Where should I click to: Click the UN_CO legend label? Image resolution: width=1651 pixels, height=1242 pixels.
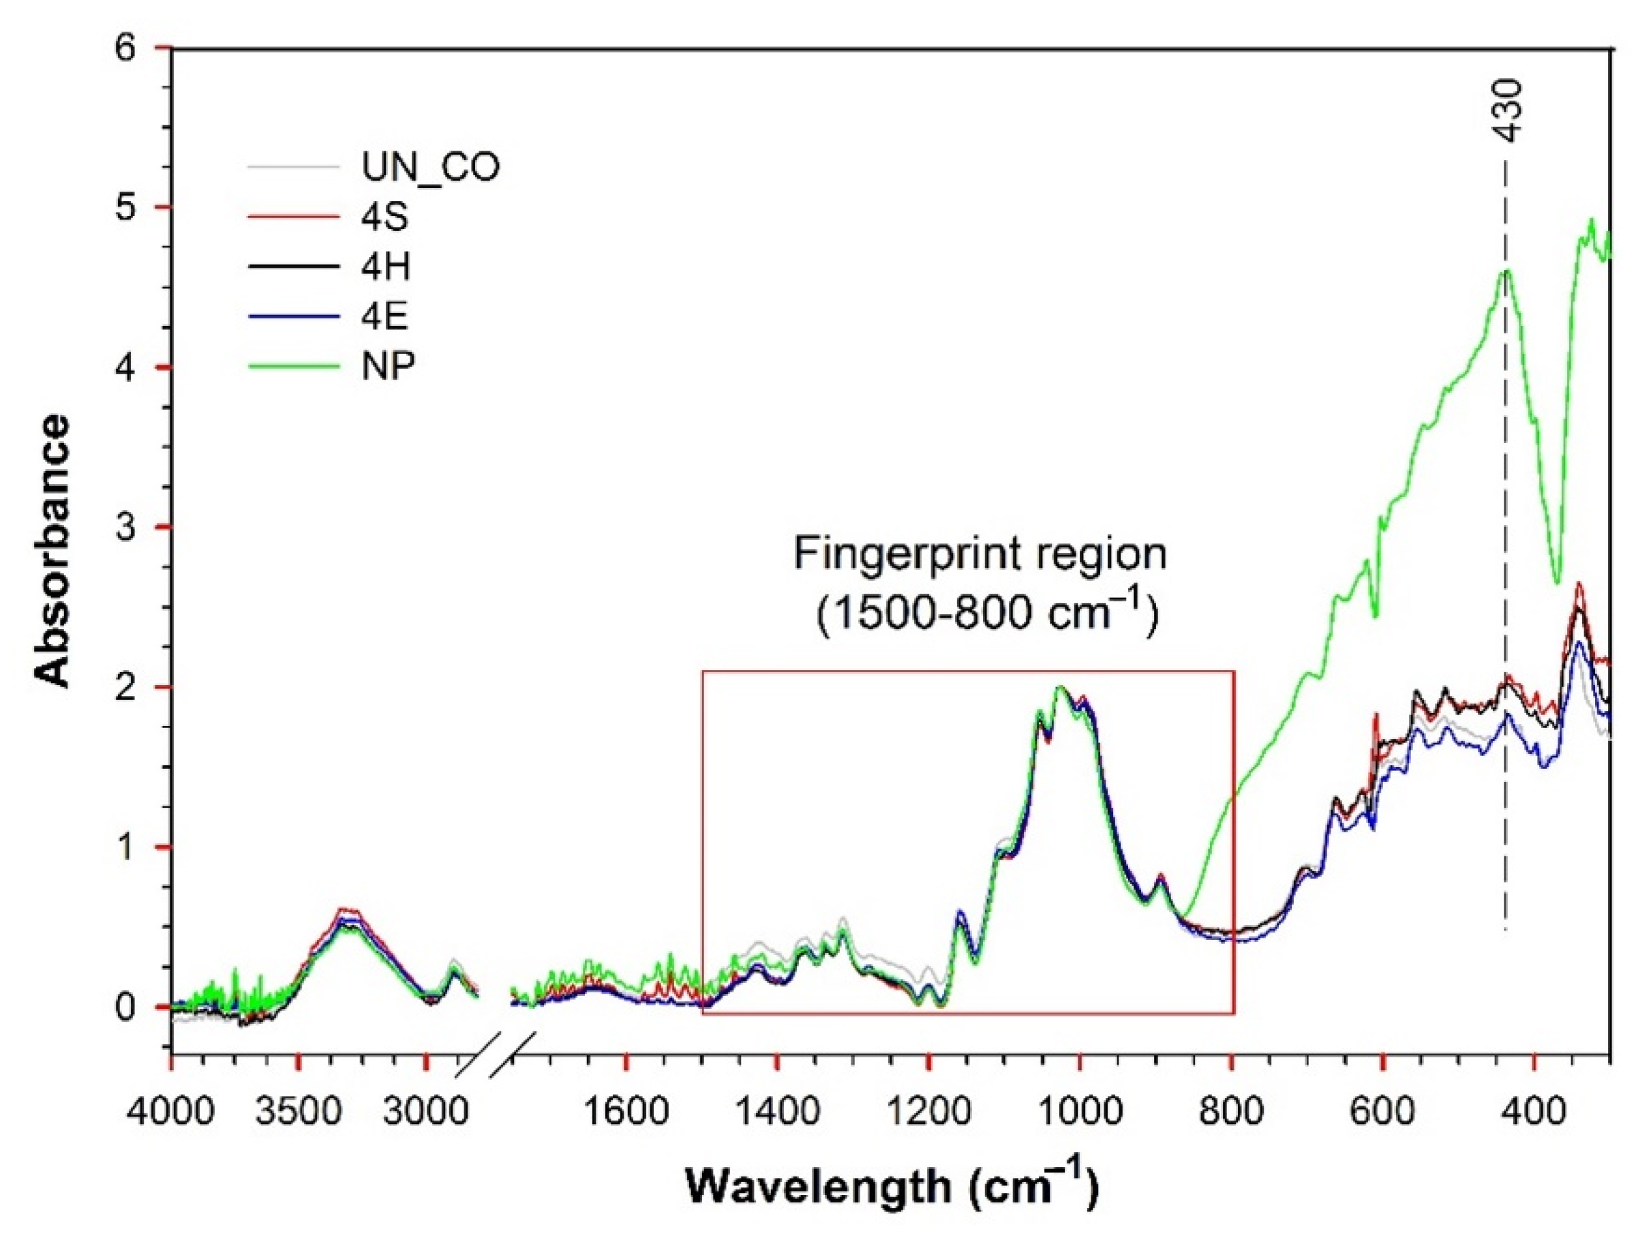431,168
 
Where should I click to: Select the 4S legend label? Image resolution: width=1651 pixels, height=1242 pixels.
385,218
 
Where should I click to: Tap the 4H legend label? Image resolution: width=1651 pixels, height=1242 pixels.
387,267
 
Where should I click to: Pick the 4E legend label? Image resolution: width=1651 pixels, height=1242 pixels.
385,316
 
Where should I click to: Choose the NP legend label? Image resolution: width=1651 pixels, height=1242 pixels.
388,367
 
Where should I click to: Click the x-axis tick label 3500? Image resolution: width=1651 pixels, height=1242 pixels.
298,1115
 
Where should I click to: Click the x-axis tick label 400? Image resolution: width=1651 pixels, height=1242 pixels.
1534,1115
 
